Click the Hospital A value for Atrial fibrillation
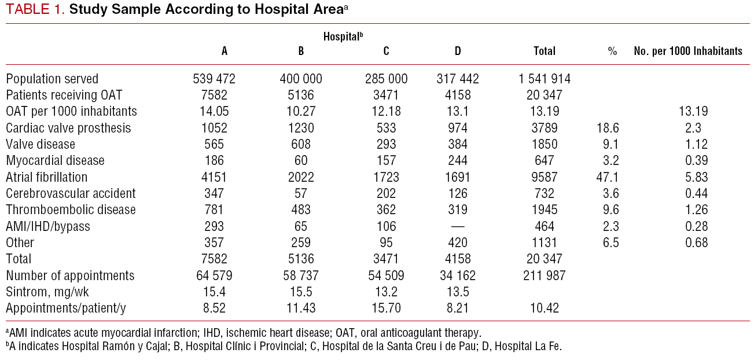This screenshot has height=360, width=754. [x=214, y=177]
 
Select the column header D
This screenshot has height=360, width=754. [x=458, y=51]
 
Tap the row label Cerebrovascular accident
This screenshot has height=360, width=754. [x=71, y=193]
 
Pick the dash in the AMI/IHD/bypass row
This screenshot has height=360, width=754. [x=457, y=226]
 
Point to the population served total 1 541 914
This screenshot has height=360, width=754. [x=544, y=79]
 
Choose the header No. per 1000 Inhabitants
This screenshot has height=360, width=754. [x=688, y=51]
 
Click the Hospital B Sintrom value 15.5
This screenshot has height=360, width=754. [x=301, y=292]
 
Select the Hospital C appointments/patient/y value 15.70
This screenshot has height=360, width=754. [x=386, y=308]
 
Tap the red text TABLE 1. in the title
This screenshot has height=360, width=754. [x=35, y=9]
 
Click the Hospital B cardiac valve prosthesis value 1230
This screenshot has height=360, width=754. [x=301, y=128]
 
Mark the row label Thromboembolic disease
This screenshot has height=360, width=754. [x=71, y=210]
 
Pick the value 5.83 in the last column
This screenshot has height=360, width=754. [x=696, y=177]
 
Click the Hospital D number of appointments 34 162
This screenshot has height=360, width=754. [x=458, y=275]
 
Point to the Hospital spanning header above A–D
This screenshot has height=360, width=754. [x=343, y=35]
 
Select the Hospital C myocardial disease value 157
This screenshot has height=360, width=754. [x=386, y=160]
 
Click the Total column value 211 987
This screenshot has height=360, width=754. [x=544, y=275]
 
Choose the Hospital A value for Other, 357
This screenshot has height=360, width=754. [x=214, y=243]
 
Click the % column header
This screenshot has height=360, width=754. [x=612, y=51]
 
